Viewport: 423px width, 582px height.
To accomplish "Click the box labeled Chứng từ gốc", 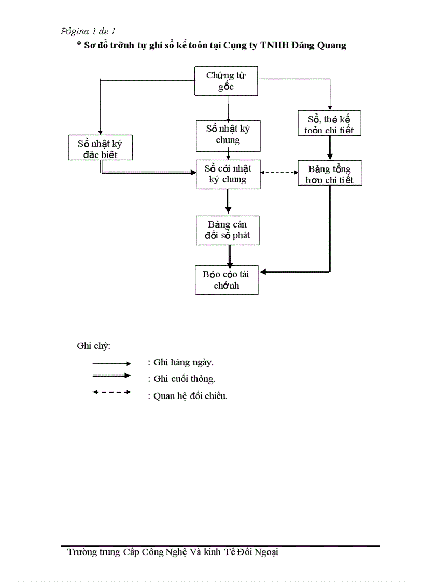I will click(227, 81).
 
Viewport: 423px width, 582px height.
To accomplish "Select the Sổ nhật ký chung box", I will click(228, 135).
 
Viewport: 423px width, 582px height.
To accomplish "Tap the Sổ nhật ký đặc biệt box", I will click(100, 148).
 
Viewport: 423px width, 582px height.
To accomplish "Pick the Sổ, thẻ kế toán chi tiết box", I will click(329, 124).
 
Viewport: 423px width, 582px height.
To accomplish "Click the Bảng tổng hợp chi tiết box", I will click(330, 173).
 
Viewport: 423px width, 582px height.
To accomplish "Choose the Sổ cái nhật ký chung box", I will click(228, 174).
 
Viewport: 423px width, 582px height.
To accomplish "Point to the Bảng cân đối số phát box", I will click(228, 230).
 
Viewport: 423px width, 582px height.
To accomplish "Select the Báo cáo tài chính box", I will click(227, 280).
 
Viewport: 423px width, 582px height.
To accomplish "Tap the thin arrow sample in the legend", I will click(111, 363).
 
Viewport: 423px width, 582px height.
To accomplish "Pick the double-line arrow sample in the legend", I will click(111, 376).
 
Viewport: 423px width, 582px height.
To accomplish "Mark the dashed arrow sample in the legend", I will click(111, 392).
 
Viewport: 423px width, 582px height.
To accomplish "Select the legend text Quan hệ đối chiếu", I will click(188, 396).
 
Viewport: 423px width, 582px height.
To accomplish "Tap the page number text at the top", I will click(88, 32).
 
